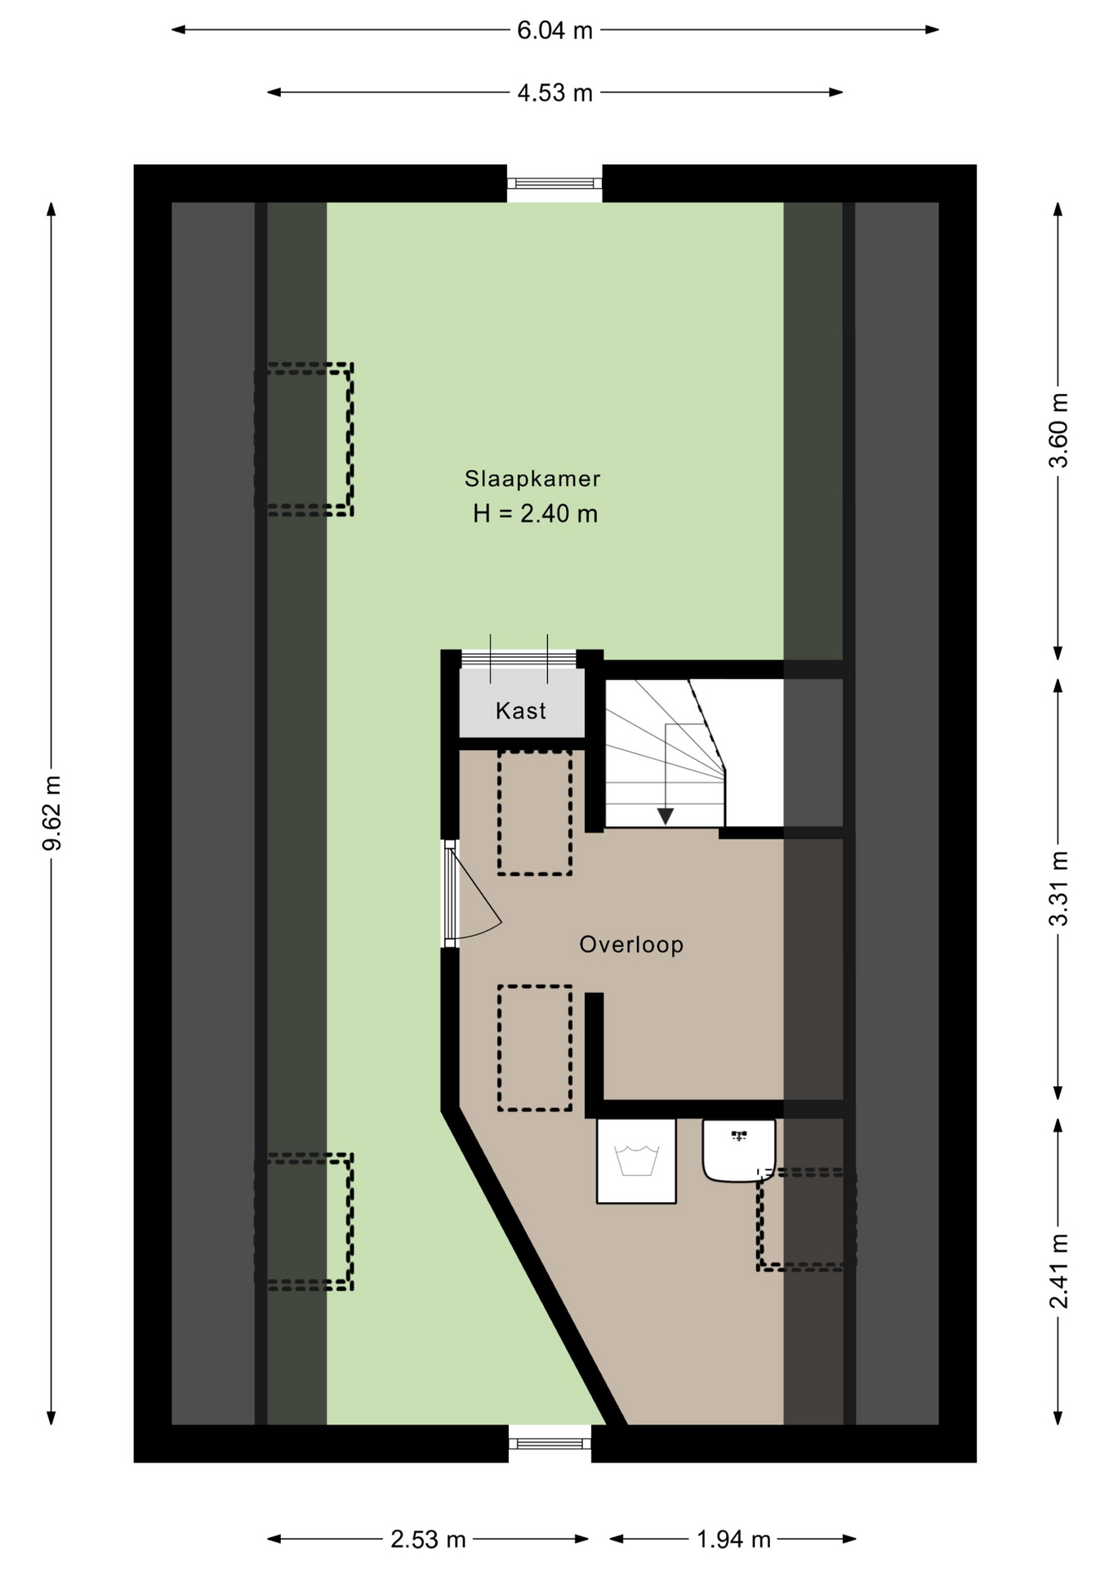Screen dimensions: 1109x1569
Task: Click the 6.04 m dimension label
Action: tap(554, 30)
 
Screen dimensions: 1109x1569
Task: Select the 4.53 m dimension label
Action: tap(554, 92)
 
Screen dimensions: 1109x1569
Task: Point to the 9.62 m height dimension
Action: tap(51, 812)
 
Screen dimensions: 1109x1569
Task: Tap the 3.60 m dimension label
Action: tap(1058, 430)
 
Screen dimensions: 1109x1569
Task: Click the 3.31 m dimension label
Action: tap(1058, 889)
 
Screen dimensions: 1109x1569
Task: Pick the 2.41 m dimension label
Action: tap(1058, 1272)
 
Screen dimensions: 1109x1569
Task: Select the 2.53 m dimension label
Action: tap(428, 1540)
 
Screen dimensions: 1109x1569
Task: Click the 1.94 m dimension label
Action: tap(733, 1540)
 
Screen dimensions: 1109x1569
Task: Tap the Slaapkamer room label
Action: tap(532, 479)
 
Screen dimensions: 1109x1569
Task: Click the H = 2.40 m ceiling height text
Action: tap(535, 514)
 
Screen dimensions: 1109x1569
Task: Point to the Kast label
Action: tap(521, 711)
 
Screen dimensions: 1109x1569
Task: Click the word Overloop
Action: tap(631, 945)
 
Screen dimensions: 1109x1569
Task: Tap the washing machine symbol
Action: tap(636, 1161)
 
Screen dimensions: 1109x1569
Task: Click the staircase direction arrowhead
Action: tap(666, 816)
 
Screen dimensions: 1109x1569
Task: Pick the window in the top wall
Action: tap(554, 184)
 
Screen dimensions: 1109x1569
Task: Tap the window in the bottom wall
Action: tap(550, 1444)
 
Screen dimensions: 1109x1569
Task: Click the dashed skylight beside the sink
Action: tap(807, 1219)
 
